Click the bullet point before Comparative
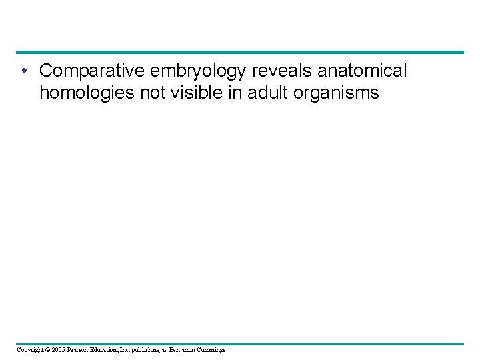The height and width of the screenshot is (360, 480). [23, 71]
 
